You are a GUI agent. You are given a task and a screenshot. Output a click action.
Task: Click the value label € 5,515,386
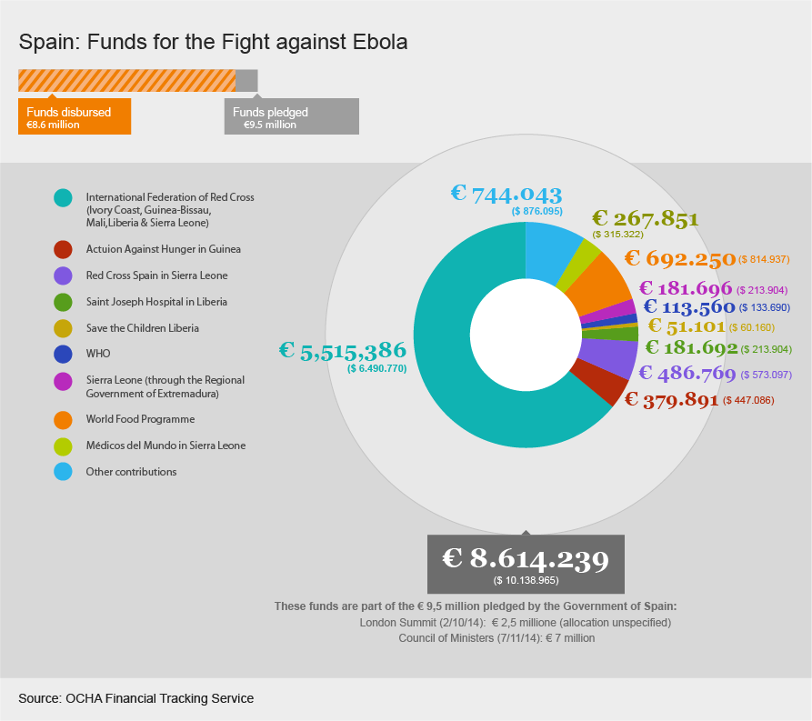(x=342, y=351)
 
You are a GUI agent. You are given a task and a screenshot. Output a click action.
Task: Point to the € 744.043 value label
(x=506, y=194)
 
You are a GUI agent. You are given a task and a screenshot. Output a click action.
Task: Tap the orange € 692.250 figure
(x=679, y=259)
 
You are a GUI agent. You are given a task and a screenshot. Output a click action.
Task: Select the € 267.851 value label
(x=645, y=218)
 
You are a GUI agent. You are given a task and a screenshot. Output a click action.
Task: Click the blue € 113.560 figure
(x=688, y=306)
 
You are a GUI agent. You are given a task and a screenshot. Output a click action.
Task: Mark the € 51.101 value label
(x=686, y=326)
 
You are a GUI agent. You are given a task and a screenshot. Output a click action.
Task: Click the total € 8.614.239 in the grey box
(x=526, y=558)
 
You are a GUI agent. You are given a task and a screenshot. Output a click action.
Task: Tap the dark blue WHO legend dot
(x=63, y=354)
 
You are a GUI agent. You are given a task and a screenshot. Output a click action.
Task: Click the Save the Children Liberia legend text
(x=142, y=328)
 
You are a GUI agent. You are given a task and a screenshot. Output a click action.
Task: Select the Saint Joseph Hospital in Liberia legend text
(x=156, y=302)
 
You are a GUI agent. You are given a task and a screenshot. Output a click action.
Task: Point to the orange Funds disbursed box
(x=75, y=117)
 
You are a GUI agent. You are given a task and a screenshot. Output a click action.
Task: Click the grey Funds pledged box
(x=291, y=117)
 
